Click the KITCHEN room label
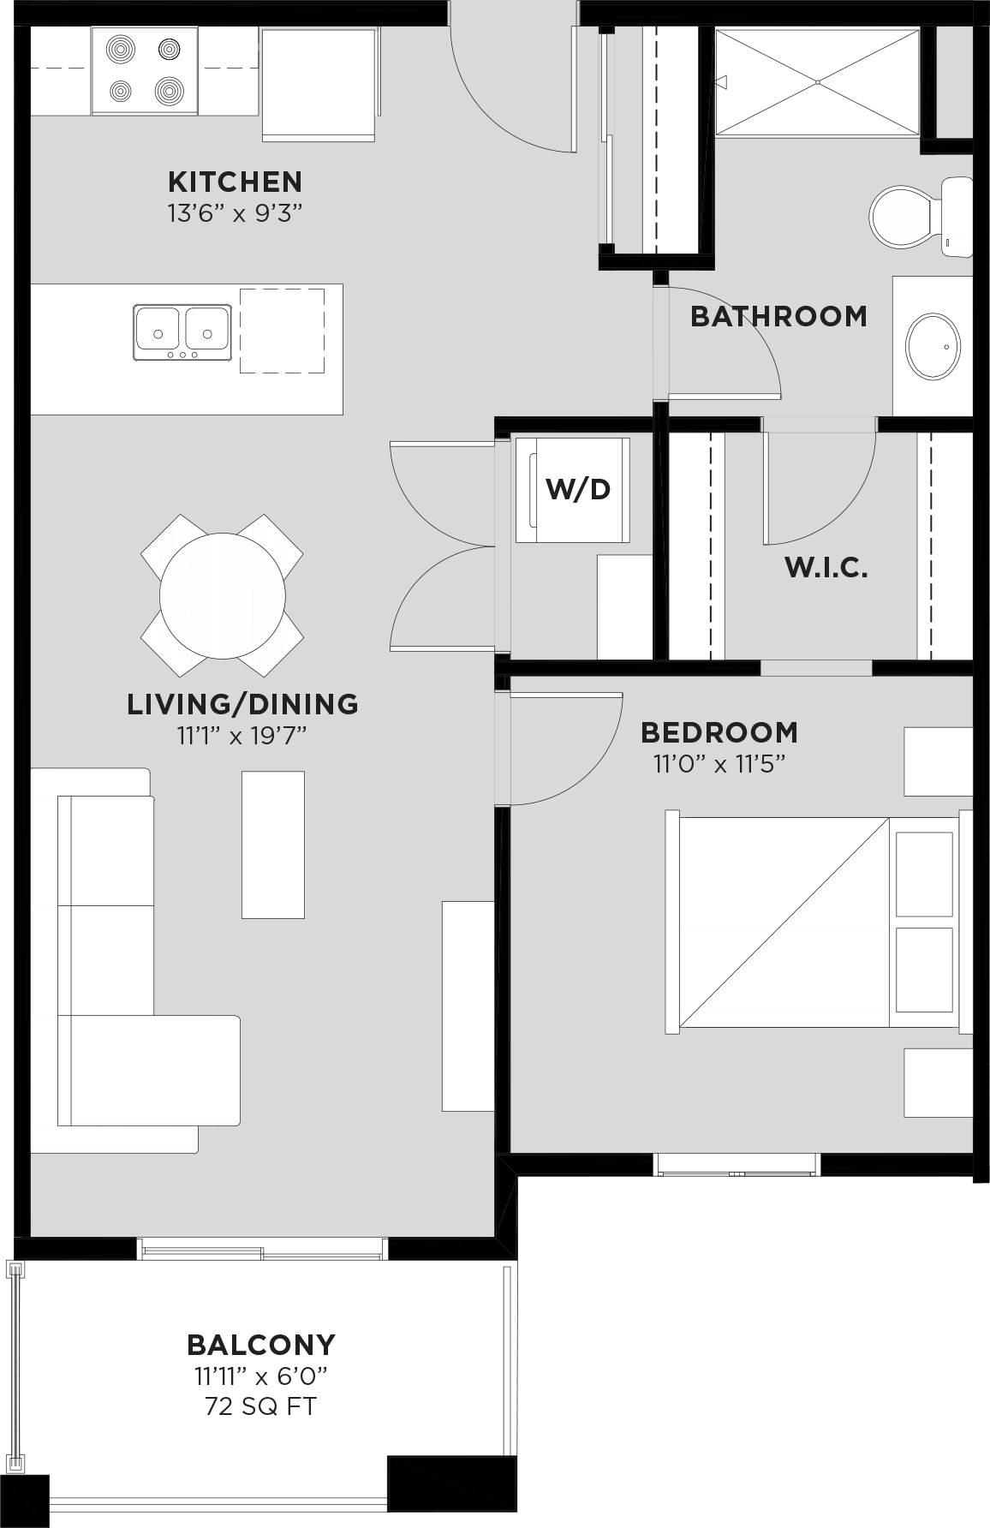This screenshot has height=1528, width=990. click(235, 182)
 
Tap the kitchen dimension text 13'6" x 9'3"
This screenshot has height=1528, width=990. click(236, 212)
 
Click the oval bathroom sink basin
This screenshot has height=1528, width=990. click(933, 347)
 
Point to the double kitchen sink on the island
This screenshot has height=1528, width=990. click(182, 331)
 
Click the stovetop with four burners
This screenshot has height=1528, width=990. click(145, 70)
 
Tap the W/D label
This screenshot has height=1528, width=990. click(578, 489)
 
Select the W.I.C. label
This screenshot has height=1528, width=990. click(826, 567)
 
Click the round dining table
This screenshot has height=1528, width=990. click(223, 596)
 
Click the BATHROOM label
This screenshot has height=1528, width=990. click(778, 316)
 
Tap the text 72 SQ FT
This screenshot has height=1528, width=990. click(260, 1406)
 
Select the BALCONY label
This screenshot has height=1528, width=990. click(261, 1344)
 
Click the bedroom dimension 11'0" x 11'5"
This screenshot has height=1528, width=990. click(719, 763)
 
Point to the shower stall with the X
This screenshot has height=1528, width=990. click(817, 82)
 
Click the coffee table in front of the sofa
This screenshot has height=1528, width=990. click(272, 845)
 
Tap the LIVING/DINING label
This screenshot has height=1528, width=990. click(242, 703)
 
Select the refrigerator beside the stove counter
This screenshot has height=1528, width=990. click(319, 84)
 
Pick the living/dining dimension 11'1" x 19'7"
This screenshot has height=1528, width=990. click(242, 735)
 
